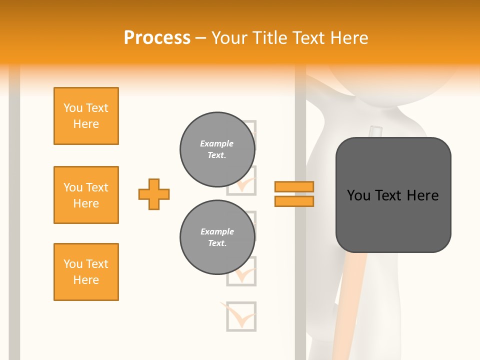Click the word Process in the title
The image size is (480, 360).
157,38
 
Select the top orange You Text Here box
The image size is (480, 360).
86,116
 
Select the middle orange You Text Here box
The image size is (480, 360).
86,195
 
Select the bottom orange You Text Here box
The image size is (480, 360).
86,272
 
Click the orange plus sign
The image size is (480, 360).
154,194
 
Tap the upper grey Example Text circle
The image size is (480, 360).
217,149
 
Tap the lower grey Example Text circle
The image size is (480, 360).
217,237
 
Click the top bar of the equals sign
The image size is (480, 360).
294,186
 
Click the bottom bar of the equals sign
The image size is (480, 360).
294,201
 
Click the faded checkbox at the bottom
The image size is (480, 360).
241,316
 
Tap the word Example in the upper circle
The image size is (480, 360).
216,143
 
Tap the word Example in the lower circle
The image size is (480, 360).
217,231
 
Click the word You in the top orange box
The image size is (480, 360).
72,108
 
